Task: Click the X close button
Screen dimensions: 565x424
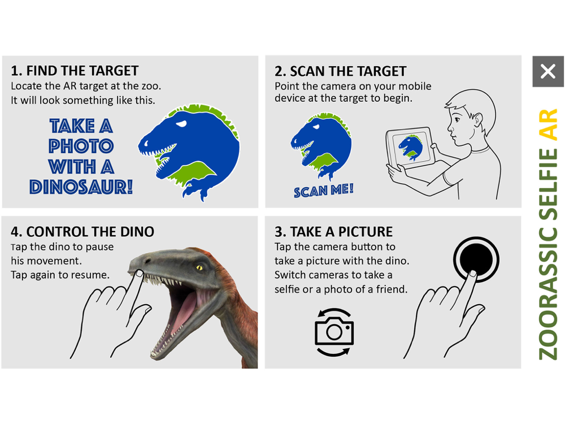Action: pyautogui.click(x=548, y=71)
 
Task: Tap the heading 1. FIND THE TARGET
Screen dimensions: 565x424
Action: pyautogui.click(x=75, y=71)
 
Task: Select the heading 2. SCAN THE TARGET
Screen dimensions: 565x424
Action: pyautogui.click(x=341, y=71)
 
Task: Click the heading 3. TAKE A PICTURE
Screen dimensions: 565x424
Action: pyautogui.click(x=334, y=231)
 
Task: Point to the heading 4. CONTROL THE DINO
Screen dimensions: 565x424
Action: pyautogui.click(x=82, y=231)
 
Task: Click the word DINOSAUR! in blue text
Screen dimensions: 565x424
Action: pyautogui.click(x=81, y=187)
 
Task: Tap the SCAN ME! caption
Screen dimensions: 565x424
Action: pyautogui.click(x=324, y=191)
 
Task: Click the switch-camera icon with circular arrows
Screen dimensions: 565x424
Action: pyautogui.click(x=334, y=332)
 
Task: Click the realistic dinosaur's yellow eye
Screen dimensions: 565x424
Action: pyautogui.click(x=199, y=267)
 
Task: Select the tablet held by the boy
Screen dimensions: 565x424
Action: pyautogui.click(x=410, y=147)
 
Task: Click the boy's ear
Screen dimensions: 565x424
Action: pyautogui.click(x=477, y=119)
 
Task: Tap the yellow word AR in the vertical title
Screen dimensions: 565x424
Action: pyautogui.click(x=548, y=124)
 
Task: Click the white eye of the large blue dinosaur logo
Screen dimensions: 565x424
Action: pyautogui.click(x=181, y=124)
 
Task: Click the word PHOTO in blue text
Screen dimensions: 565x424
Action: pyautogui.click(x=81, y=146)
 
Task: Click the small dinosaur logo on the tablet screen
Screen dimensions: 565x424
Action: pyautogui.click(x=410, y=147)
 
